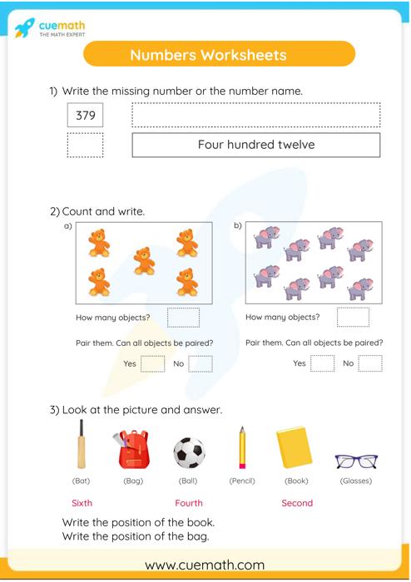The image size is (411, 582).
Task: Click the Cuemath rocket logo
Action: point(25,28)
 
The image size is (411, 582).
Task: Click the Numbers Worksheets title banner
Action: point(208,55)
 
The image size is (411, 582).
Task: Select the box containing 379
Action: point(85,116)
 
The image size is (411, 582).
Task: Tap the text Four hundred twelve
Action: point(255,145)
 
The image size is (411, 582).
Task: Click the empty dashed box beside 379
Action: point(255,116)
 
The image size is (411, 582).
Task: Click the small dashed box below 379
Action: point(85,145)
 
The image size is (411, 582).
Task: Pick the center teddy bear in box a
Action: point(144,260)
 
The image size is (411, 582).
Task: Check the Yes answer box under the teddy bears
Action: point(152,363)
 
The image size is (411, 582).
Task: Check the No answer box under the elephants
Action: point(369,363)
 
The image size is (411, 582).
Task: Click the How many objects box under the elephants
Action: point(353,317)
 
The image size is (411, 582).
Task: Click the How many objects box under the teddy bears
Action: point(183,317)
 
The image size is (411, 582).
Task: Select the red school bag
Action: point(133,450)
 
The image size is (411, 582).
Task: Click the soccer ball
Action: point(189,453)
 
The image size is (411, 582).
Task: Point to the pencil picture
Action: point(242,448)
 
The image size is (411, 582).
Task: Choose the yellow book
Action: point(295,448)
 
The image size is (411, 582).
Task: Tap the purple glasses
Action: point(356,461)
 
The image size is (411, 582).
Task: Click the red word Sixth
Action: point(82,503)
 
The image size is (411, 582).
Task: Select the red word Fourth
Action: point(189,503)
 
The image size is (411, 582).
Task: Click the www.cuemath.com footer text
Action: point(205,565)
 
